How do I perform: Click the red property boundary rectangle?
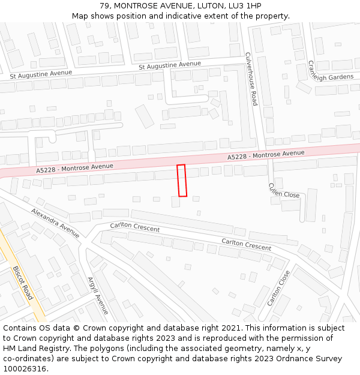point(182,180)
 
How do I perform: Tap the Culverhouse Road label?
point(251,79)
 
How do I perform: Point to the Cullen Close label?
point(284,190)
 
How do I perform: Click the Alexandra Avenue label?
point(55,223)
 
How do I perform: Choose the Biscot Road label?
point(23,283)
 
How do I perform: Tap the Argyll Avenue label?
point(98,295)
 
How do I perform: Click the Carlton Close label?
point(278,288)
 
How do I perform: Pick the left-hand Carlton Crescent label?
point(135,228)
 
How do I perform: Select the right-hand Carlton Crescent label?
point(246,244)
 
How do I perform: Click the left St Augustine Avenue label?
point(41,74)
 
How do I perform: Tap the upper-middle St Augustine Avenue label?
point(170,64)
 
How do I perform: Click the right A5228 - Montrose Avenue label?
point(266,155)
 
